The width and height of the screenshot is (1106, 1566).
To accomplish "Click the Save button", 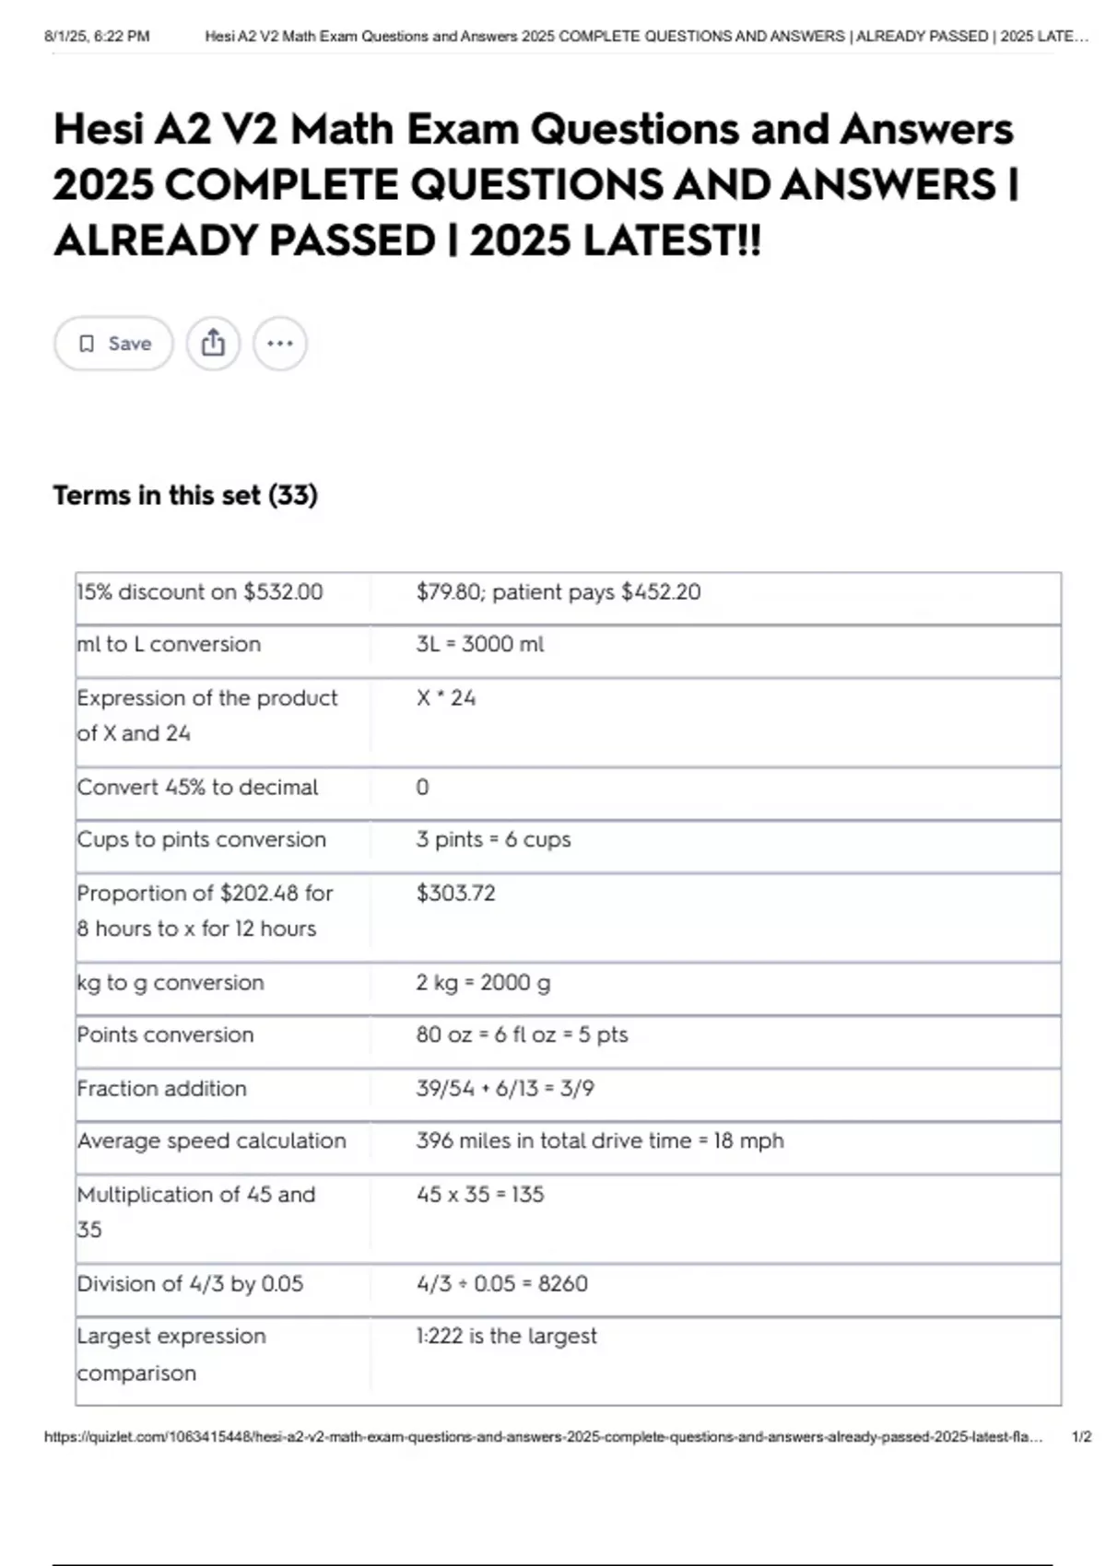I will pyautogui.click(x=113, y=344).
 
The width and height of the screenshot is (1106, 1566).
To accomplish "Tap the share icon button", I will pyautogui.click(x=213, y=344).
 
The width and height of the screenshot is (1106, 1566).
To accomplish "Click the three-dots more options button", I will pyautogui.click(x=279, y=344).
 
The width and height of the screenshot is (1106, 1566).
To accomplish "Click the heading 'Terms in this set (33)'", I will pyautogui.click(x=185, y=496).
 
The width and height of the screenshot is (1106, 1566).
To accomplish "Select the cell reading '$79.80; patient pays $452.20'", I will pyautogui.click(x=558, y=591).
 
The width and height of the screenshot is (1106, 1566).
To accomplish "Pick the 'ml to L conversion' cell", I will pyautogui.click(x=169, y=644).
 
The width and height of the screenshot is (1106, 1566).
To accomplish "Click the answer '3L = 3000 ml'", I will pyautogui.click(x=479, y=644).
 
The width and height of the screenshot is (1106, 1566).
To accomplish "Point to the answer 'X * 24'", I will pyautogui.click(x=445, y=697).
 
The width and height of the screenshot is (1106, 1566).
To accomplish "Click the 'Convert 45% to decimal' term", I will pyautogui.click(x=197, y=787).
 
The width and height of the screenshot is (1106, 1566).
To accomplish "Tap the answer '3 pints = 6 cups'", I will pyautogui.click(x=493, y=839).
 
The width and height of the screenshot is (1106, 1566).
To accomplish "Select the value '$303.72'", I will pyautogui.click(x=455, y=893).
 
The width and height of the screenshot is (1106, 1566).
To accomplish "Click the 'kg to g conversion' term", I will pyautogui.click(x=171, y=982).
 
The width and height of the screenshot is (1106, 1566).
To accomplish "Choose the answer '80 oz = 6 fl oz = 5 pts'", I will pyautogui.click(x=522, y=1034).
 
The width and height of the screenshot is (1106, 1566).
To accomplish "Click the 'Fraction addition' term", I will pyautogui.click(x=162, y=1088).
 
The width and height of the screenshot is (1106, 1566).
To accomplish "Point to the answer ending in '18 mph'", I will pyautogui.click(x=599, y=1140).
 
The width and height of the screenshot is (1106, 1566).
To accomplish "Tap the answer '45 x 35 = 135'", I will pyautogui.click(x=480, y=1194).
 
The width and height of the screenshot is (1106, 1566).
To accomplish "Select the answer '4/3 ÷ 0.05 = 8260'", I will pyautogui.click(x=501, y=1283).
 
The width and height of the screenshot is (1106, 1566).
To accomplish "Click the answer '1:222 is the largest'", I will pyautogui.click(x=506, y=1336).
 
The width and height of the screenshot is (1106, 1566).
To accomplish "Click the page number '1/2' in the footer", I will pyautogui.click(x=1081, y=1436).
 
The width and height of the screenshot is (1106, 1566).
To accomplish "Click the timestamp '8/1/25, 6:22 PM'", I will pyautogui.click(x=97, y=36).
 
